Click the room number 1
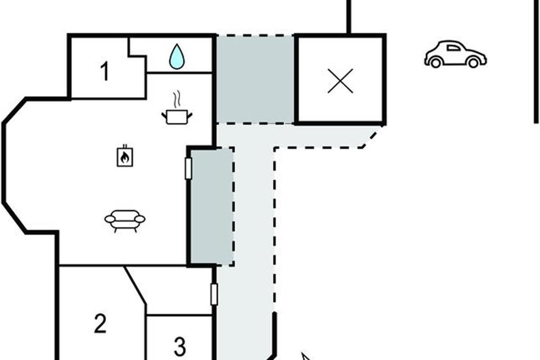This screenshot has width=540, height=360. coord(104,72)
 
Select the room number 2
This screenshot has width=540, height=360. coord(100,324)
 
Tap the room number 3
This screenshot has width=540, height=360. coord(180,346)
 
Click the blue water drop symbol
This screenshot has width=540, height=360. coord(177,57)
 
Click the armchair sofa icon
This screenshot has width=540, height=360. coord(125,220)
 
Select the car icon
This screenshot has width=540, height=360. coord(455,54)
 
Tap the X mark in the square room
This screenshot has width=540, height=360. coord(340,81)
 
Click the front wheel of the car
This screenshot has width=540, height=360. coord(473,63)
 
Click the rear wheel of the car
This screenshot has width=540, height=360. coord(435,63)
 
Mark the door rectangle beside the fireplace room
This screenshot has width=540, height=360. coord(189,169)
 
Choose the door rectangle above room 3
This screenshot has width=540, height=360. coord(214,294)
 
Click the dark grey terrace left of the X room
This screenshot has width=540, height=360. coord(255,79)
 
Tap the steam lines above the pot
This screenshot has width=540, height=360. coord(176,98)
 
